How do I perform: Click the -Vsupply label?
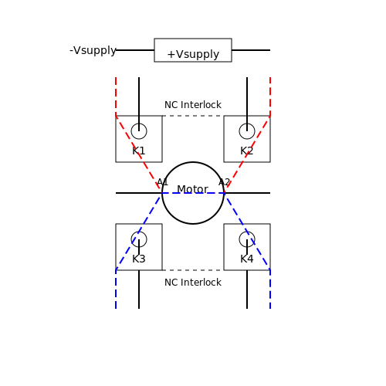[x=93, y=50]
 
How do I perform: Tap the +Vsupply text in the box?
[x=193, y=54]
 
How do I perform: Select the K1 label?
[x=139, y=151]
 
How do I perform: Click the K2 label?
[x=247, y=151]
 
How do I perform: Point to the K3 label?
[x=139, y=259]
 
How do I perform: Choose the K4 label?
[x=247, y=259]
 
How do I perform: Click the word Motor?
[x=192, y=189]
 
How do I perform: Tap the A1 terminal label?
[x=163, y=182]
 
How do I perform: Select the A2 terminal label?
[x=224, y=182]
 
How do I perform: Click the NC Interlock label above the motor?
[x=193, y=105]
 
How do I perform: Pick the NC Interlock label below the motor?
[x=193, y=283]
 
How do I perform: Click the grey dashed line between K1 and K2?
[x=193, y=116]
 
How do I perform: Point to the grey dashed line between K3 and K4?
[x=193, y=270]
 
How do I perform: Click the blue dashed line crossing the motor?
[x=193, y=193]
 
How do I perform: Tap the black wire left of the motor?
[x=139, y=193]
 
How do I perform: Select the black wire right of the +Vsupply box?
[x=251, y=50]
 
